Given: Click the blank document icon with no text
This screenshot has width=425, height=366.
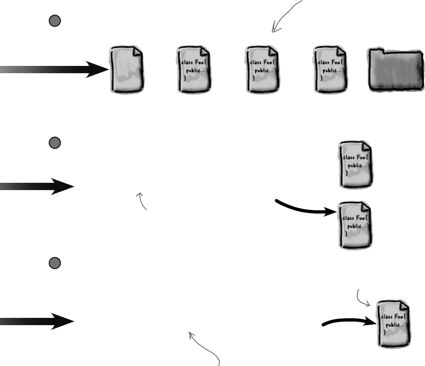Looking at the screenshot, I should [127, 70].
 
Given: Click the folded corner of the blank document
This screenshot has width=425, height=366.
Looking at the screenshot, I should [137, 51].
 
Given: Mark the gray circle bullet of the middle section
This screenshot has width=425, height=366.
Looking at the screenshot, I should [55, 143].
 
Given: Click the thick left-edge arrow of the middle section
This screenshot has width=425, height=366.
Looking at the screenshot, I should [38, 186].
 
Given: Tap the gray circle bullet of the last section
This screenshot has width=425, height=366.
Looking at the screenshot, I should [55, 263].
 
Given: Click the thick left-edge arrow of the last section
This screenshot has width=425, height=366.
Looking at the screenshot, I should [38, 321].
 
